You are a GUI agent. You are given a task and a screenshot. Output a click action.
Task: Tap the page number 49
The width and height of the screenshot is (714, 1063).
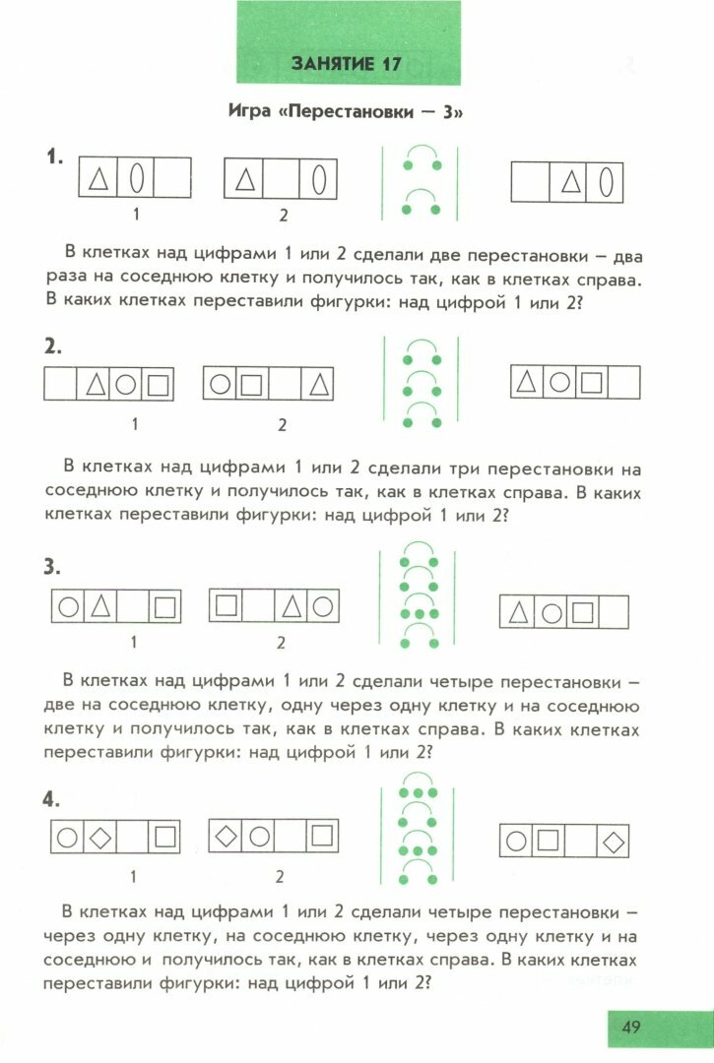[x=631, y=1028]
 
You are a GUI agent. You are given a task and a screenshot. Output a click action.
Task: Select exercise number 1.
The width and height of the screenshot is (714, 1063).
[x=54, y=156]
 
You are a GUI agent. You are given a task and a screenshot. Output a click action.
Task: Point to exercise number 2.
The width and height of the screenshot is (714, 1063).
[x=52, y=346]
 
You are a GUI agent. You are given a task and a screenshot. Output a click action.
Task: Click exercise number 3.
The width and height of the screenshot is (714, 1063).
[x=52, y=567]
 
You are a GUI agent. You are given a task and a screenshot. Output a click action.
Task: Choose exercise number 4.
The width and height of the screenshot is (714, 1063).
[x=52, y=799]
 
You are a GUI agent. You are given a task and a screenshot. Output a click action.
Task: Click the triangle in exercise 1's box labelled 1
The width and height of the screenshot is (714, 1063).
[x=97, y=179]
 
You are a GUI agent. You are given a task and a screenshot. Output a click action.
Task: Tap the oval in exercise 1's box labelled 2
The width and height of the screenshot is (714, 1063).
[x=320, y=180]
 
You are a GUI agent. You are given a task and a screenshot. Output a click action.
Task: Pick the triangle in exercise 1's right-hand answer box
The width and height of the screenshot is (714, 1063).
[x=569, y=182]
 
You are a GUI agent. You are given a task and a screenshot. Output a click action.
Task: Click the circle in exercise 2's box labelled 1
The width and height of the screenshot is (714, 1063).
[x=125, y=383]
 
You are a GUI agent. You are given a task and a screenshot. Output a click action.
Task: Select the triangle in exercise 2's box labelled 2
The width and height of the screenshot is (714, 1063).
[x=319, y=383]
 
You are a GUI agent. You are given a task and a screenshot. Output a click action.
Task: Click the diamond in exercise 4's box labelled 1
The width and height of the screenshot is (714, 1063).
[x=99, y=839]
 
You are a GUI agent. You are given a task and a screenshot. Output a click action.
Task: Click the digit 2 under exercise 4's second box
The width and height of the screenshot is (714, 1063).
[x=280, y=876]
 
